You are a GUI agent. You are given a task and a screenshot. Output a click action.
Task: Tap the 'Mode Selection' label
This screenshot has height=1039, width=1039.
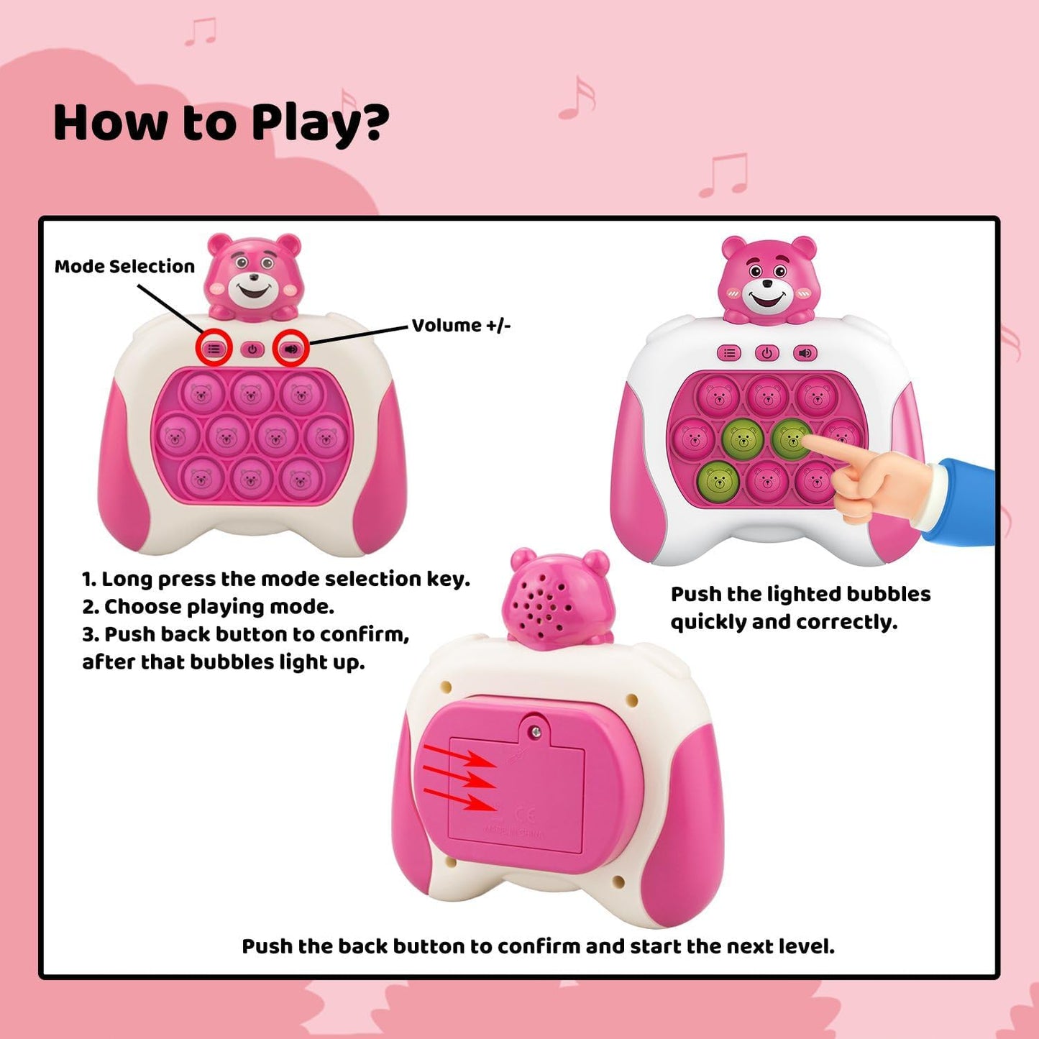(x=124, y=267)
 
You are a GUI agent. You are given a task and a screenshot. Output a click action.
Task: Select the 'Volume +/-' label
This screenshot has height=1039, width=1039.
(x=461, y=326)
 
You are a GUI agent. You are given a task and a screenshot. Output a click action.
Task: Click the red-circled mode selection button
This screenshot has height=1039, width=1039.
(x=214, y=349)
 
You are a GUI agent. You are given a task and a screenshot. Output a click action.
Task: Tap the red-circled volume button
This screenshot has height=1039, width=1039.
(x=290, y=349)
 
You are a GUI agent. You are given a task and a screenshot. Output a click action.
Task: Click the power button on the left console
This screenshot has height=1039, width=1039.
(x=252, y=350)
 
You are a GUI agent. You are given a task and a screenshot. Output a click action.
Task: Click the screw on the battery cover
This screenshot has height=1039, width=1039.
(x=534, y=731)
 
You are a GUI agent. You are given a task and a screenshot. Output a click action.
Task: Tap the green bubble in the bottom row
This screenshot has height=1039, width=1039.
(x=717, y=479)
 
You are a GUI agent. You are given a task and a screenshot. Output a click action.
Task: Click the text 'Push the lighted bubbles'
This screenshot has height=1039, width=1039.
(x=800, y=594)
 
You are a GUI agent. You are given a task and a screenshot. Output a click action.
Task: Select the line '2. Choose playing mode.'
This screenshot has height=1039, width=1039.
(x=208, y=607)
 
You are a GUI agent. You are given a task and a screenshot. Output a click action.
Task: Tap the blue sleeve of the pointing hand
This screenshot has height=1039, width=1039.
(x=964, y=500)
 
